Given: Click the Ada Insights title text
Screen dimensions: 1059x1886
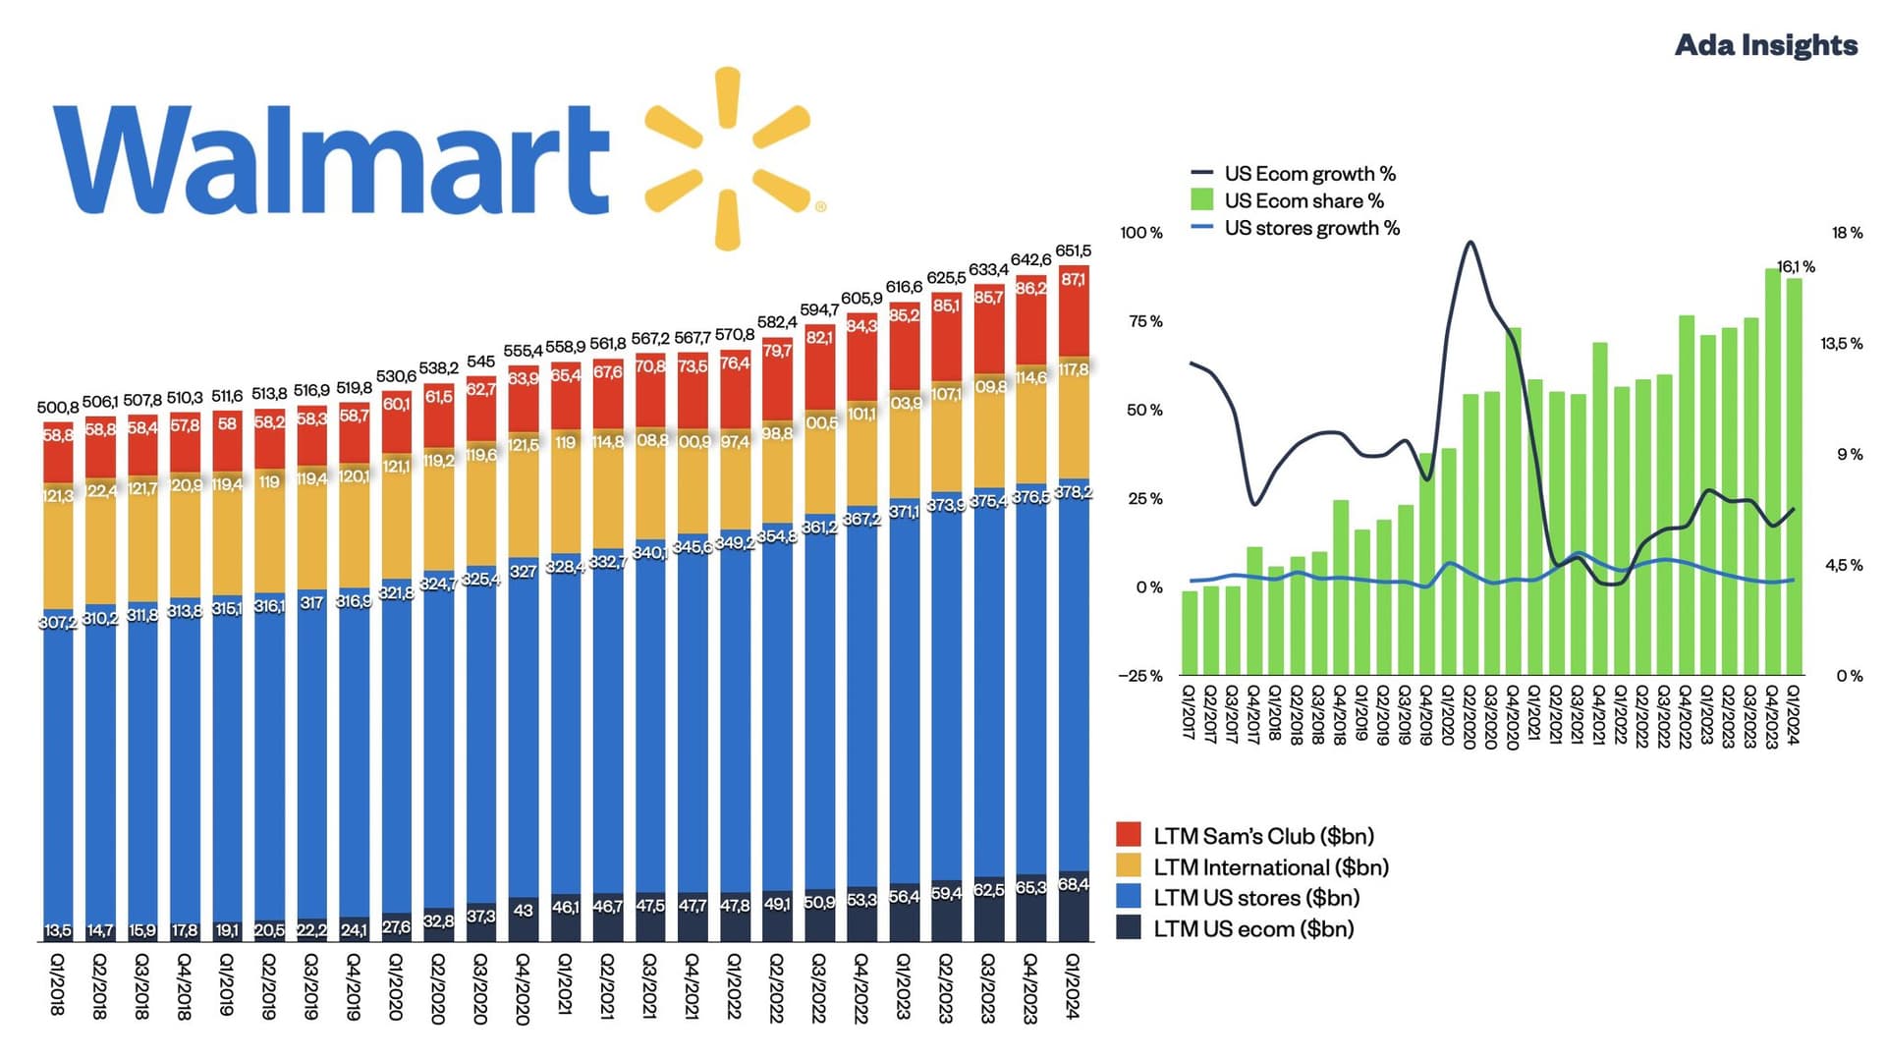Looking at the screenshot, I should coord(1765,45).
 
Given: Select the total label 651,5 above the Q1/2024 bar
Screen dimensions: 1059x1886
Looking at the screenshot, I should coord(1073,251).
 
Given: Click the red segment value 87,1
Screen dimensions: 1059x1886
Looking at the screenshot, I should coord(1073,280).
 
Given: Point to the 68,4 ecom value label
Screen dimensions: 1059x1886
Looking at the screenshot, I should coord(1073,884).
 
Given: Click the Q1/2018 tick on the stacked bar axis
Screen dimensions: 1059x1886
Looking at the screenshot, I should coord(57,985).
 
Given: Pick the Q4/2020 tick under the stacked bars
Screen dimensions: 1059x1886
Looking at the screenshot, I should coord(523,988).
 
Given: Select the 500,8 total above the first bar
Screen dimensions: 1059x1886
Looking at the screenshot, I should coord(57,408).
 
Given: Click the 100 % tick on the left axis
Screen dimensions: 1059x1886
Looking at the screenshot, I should coord(1140,233).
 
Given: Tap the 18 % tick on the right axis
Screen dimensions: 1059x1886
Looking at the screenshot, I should coord(1847,233).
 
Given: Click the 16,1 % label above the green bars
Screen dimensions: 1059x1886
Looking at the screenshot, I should coord(1796,267).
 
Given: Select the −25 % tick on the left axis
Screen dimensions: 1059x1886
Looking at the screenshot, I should coord(1139,676).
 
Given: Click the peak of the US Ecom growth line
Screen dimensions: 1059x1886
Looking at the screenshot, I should coord(1470,242).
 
